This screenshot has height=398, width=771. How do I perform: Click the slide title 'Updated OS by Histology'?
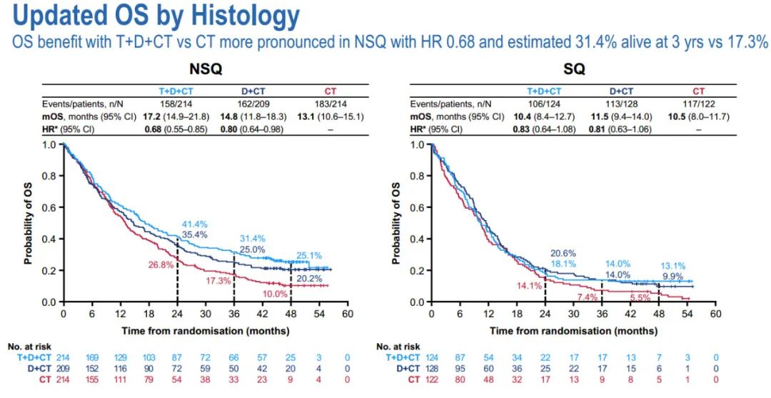click(151, 16)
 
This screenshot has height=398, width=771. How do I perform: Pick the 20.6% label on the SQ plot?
click(563, 253)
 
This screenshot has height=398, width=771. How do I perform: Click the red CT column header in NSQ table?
click(331, 91)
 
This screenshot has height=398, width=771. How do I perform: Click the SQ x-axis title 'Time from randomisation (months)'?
click(573, 331)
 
